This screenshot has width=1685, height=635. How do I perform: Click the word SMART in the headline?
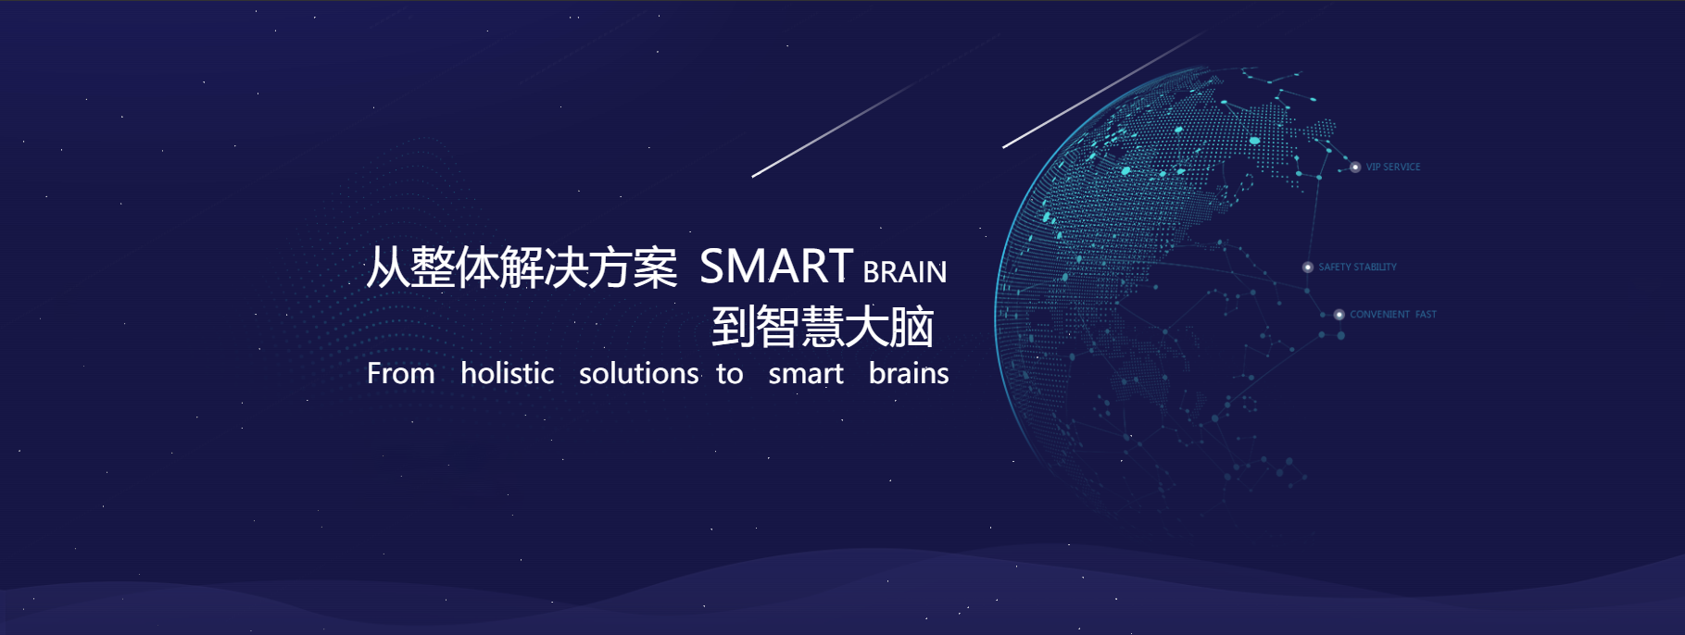pyautogui.click(x=776, y=267)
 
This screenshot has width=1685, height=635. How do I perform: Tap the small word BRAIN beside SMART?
pyautogui.click(x=905, y=272)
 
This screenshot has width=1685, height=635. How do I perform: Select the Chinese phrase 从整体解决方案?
pyautogui.click(x=522, y=268)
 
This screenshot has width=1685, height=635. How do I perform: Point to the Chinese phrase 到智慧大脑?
pyautogui.click(x=823, y=327)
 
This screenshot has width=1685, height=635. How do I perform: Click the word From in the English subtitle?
pyautogui.click(x=401, y=373)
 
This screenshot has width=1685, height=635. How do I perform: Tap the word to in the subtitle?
pyautogui.click(x=730, y=374)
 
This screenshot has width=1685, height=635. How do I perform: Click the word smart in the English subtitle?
pyautogui.click(x=806, y=374)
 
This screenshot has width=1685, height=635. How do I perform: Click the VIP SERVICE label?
pyautogui.click(x=1393, y=168)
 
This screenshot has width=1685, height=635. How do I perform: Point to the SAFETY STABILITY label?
pyautogui.click(x=1358, y=268)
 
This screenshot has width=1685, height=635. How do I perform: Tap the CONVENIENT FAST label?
pyautogui.click(x=1393, y=315)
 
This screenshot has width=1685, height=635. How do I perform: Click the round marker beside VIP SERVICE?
pyautogui.click(x=1355, y=168)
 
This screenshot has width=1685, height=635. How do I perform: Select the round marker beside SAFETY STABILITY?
pyautogui.click(x=1308, y=268)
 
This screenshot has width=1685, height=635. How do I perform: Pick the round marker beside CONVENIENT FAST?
pyautogui.click(x=1339, y=315)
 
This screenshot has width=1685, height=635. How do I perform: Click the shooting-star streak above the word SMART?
pyautogui.click(x=876, y=106)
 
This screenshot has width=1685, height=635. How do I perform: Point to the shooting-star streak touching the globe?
pyautogui.click(x=1104, y=89)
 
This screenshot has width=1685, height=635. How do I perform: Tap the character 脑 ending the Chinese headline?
pyautogui.click(x=912, y=327)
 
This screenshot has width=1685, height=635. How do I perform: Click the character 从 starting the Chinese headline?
pyautogui.click(x=388, y=268)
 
